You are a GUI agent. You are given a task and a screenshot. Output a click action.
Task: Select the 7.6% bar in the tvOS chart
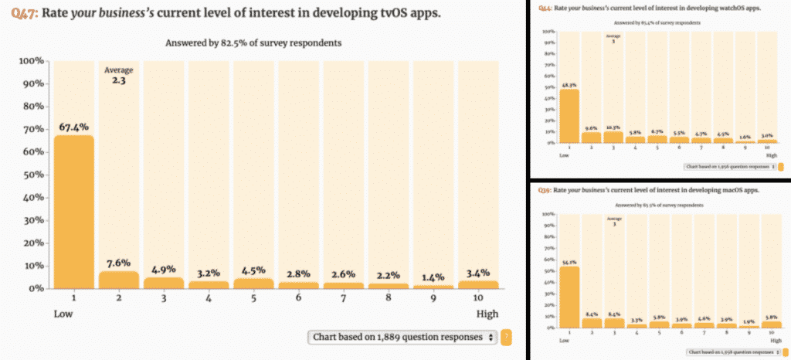118,279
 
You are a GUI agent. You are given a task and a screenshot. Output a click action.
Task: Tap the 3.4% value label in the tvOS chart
477,271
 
